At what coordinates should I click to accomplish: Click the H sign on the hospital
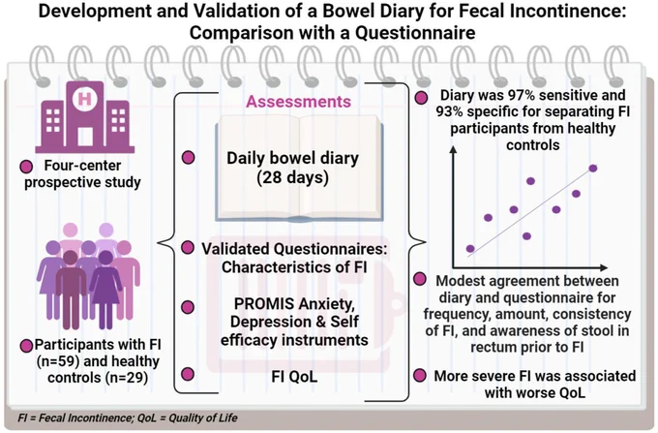pos(85,99)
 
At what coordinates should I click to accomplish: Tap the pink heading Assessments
pos(298,102)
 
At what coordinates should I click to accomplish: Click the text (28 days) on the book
pos(293,177)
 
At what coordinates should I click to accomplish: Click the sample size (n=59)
pos(57,361)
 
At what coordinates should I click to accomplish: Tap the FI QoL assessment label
pos(294,376)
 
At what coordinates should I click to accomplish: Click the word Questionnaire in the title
pos(415,32)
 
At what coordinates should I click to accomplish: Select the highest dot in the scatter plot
pos(593,169)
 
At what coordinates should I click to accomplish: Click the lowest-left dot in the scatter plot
pos(470,249)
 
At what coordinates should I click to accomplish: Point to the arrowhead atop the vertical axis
pos(453,149)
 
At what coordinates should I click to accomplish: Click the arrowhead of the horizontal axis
pos(604,267)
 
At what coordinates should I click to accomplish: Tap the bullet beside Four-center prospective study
pos(26,167)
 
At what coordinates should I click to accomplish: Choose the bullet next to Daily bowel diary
pos(188,158)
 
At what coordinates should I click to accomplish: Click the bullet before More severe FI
pos(420,376)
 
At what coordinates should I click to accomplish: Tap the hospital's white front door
pos(85,137)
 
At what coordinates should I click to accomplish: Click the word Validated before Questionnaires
pos(235,249)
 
